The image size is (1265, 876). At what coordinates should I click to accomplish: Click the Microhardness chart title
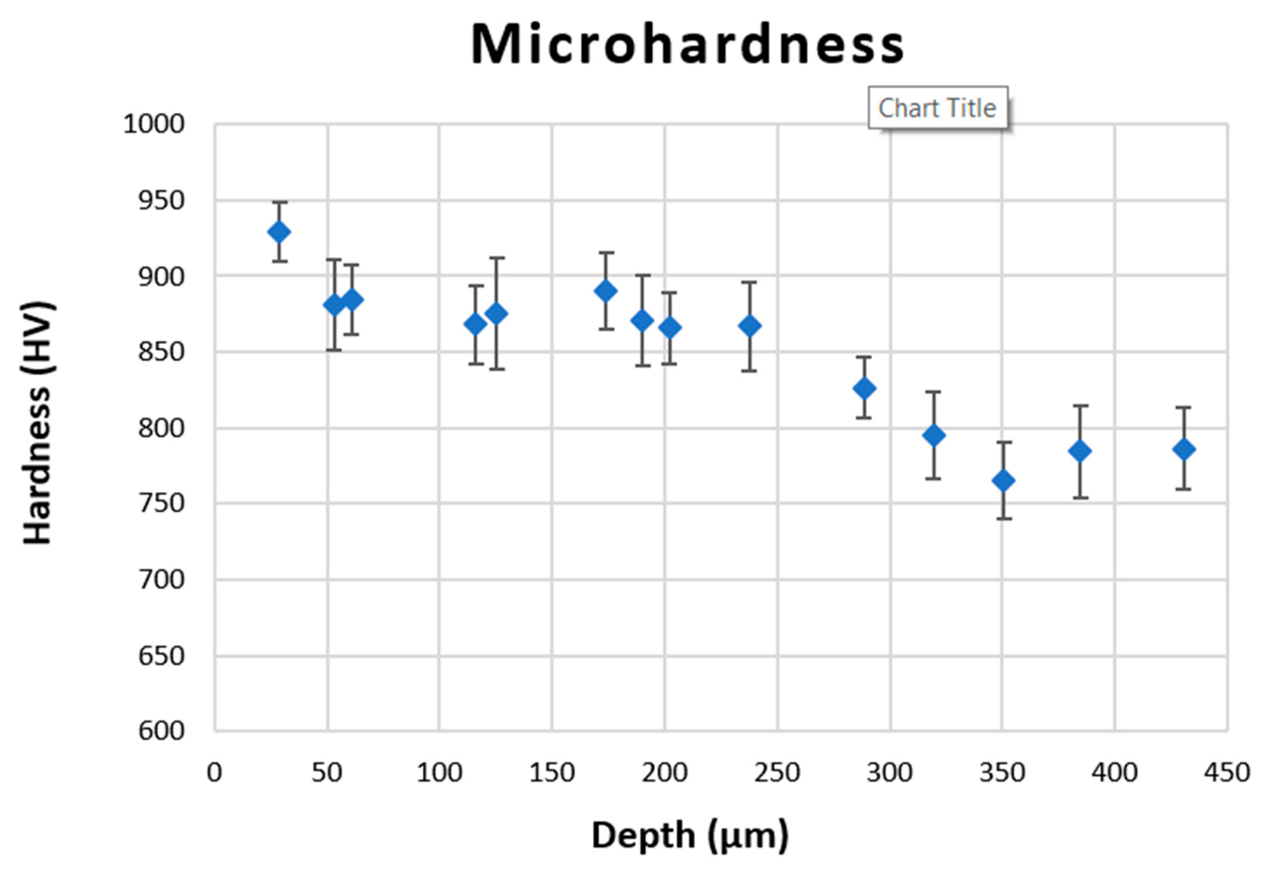[688, 45]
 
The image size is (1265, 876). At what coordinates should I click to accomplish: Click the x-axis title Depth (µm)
[689, 836]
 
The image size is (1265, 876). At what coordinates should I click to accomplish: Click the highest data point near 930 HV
[279, 232]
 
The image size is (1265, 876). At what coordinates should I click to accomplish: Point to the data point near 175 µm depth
[606, 291]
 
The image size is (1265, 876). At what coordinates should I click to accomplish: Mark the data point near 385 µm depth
[1080, 451]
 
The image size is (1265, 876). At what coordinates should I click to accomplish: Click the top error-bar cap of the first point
[279, 202]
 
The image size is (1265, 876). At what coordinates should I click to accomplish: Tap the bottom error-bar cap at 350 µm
[1003, 518]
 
